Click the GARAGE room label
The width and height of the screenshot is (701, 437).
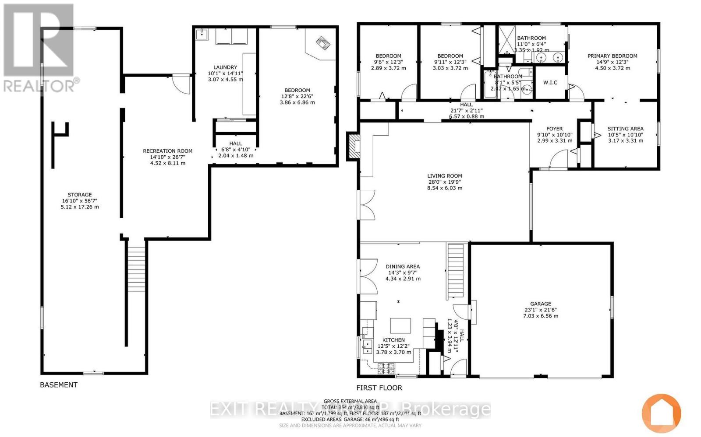(x=540, y=304)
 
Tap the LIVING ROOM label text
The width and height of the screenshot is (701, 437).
(x=445, y=176)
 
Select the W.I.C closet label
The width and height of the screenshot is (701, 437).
(x=550, y=83)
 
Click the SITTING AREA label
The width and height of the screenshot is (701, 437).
(x=625, y=129)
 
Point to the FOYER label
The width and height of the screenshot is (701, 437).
(x=554, y=129)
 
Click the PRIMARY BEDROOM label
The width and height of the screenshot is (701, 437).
(x=612, y=56)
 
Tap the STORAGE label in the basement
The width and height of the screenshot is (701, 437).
(x=80, y=195)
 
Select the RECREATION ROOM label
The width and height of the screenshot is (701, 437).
(x=167, y=151)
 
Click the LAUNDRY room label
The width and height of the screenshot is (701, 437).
(x=225, y=67)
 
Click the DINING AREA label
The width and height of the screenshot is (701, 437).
(x=403, y=266)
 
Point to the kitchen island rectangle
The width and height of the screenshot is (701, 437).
(x=401, y=326)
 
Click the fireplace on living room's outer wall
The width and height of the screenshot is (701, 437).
(x=353, y=146)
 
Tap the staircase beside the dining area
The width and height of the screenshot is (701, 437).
(x=455, y=271)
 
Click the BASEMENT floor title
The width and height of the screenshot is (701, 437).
(x=59, y=385)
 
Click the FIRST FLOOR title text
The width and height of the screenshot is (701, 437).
(x=379, y=388)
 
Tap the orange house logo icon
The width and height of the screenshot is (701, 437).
(x=662, y=413)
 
